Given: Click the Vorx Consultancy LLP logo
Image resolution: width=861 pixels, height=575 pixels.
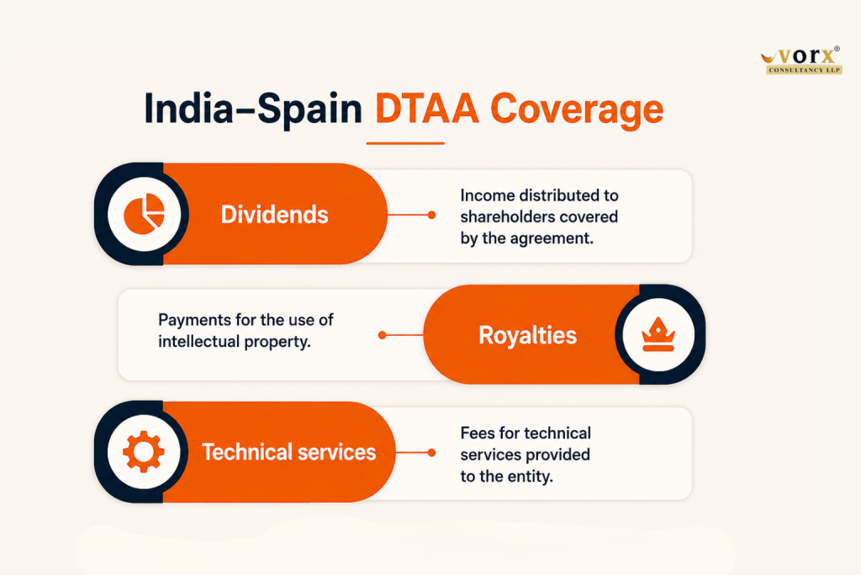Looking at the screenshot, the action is [x=801, y=60].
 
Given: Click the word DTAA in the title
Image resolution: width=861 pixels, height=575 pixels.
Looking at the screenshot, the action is [x=426, y=109].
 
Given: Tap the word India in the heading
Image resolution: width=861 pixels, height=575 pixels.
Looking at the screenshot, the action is [x=189, y=109].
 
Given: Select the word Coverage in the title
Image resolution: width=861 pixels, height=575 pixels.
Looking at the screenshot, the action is [x=577, y=109].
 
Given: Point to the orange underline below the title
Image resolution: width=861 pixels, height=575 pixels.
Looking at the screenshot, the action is [x=405, y=143].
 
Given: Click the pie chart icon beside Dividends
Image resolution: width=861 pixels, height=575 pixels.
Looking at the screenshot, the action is [x=144, y=214].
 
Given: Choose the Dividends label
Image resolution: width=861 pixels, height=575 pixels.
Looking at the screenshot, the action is [x=275, y=215].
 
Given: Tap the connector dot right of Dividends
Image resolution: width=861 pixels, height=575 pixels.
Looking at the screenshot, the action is [x=431, y=215].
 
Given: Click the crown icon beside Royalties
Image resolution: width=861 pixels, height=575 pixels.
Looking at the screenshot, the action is [x=658, y=334].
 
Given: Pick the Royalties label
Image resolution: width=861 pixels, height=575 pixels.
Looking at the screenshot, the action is [x=528, y=335].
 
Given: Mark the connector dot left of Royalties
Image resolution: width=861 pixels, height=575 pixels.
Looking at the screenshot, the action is [x=383, y=335].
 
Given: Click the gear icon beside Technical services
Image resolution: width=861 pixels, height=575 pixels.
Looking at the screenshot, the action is [x=143, y=452].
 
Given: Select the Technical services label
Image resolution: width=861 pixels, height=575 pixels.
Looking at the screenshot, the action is [x=289, y=452].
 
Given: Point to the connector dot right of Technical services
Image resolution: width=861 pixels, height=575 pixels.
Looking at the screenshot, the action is [x=431, y=452].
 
